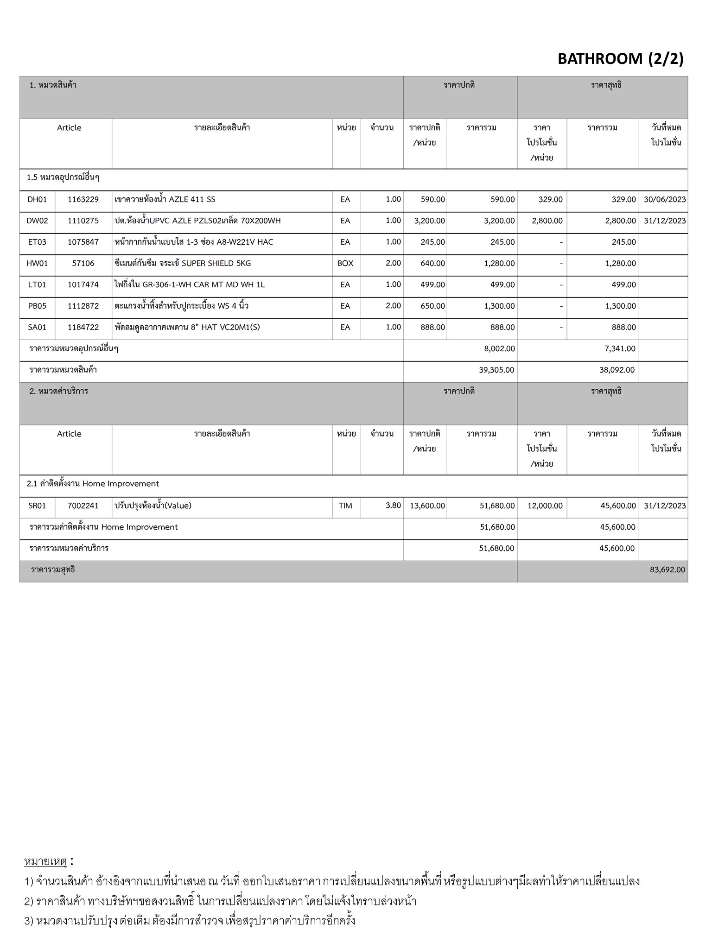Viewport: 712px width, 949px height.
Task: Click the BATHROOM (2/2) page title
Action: tap(620, 59)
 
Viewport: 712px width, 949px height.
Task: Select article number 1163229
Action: tap(83, 200)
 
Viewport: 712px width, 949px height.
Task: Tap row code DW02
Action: tap(37, 221)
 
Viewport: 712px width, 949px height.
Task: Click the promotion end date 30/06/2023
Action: tap(665, 200)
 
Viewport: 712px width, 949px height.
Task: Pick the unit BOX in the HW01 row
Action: tap(345, 264)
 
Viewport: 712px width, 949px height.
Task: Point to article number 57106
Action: tap(83, 264)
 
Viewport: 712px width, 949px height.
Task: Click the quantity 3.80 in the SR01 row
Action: tap(393, 506)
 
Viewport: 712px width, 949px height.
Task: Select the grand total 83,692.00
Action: tap(667, 570)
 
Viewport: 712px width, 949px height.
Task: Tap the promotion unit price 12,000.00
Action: tap(545, 506)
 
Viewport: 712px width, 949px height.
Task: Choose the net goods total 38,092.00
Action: tap(617, 370)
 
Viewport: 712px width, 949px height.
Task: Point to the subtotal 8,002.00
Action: tap(499, 349)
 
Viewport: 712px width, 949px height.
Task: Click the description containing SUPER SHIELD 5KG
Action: tap(183, 264)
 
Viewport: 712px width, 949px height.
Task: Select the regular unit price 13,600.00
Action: tap(427, 506)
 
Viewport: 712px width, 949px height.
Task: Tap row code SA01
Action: tap(37, 328)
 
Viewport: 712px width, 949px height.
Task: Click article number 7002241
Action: tap(83, 506)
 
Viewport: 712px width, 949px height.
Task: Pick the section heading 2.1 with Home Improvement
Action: tap(93, 484)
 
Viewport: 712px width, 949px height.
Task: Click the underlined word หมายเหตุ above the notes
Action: tap(45, 862)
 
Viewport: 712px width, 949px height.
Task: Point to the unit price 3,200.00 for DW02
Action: tap(429, 221)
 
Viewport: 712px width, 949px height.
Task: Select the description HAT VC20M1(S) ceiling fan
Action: tap(187, 328)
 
